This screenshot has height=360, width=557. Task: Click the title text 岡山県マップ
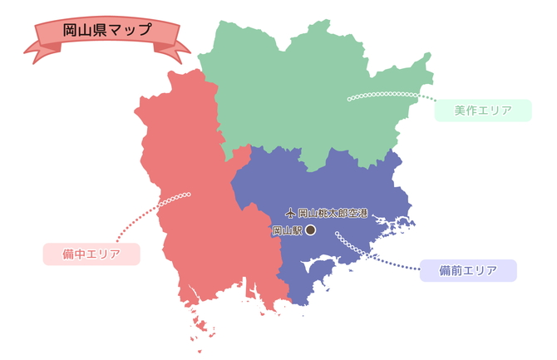[x=107, y=29]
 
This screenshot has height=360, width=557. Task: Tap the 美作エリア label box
[x=482, y=110]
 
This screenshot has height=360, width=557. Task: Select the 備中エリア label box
[x=91, y=254]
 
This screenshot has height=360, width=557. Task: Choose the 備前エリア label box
[x=468, y=270]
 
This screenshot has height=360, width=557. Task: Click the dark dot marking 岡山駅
[x=310, y=230]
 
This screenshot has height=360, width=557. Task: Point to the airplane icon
[x=289, y=213]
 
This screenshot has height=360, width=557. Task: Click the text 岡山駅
[x=287, y=230]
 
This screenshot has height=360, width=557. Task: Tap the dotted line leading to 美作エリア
[x=391, y=95]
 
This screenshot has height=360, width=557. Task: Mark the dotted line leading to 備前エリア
[x=374, y=254]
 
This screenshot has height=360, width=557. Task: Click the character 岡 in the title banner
[x=71, y=29]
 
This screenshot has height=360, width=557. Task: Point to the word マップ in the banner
[x=133, y=29]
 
